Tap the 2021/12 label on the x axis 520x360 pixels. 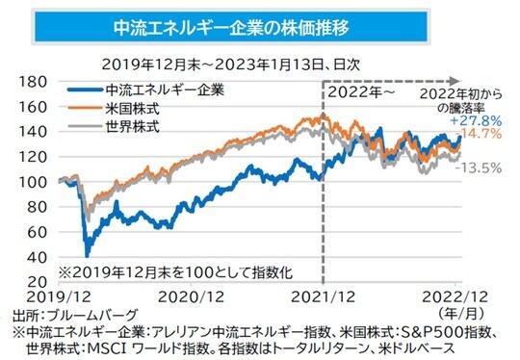[323, 297]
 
